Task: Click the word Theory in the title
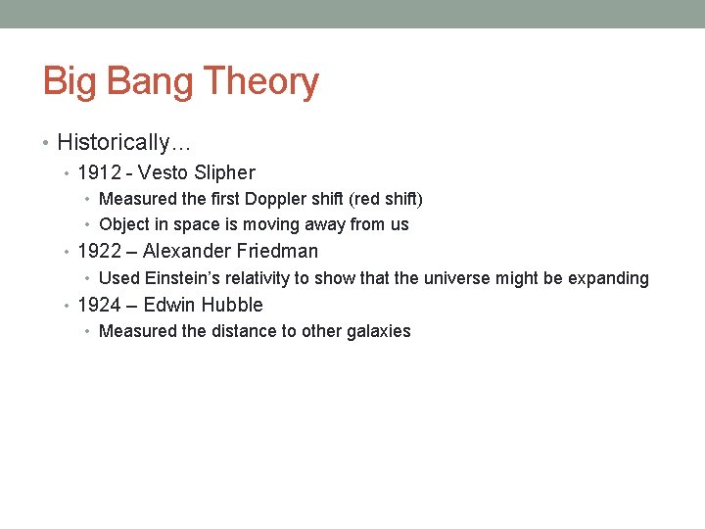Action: pyautogui.click(x=260, y=82)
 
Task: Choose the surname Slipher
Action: pyautogui.click(x=225, y=173)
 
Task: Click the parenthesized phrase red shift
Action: pyautogui.click(x=386, y=199)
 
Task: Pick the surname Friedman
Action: pyautogui.click(x=277, y=251)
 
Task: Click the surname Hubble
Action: pyautogui.click(x=232, y=305)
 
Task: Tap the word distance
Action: pyautogui.click(x=244, y=331)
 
